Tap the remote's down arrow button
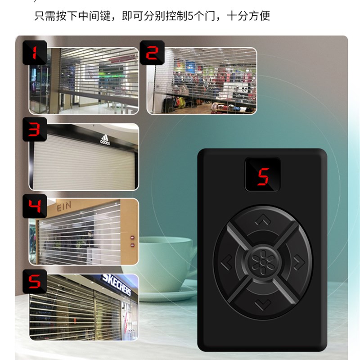tap(261, 306)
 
